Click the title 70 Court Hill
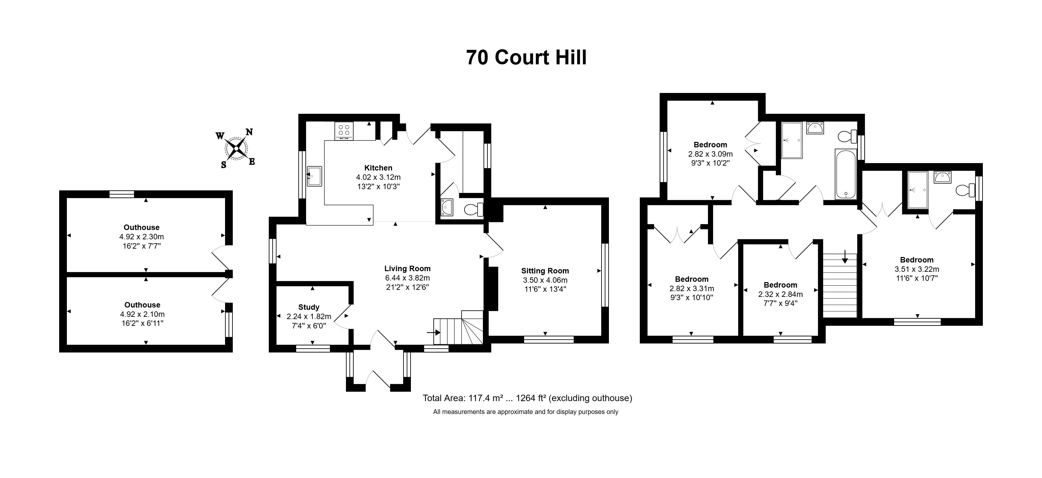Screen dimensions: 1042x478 (x=526, y=58)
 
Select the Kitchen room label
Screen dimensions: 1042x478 (x=378, y=168)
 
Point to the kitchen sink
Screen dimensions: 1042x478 (x=314, y=176)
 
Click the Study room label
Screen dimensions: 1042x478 (x=309, y=307)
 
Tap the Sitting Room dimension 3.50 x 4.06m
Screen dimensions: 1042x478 (x=545, y=280)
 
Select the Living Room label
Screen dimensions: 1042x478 (x=407, y=268)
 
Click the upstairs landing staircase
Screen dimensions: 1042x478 (x=840, y=285)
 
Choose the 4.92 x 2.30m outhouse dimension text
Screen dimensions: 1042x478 (x=141, y=237)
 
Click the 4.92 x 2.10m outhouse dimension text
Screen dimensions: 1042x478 (x=142, y=314)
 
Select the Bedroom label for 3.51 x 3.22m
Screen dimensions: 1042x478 (x=917, y=260)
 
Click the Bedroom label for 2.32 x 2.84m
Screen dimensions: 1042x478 (x=780, y=285)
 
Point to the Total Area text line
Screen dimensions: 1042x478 (x=527, y=398)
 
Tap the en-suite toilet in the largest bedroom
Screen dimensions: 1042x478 (x=967, y=190)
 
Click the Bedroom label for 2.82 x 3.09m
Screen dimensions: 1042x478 (x=710, y=144)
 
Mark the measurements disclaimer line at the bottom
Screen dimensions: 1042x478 (x=525, y=412)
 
